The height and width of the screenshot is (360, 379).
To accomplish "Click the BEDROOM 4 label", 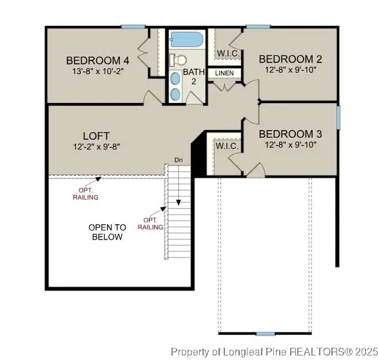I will click(97, 61).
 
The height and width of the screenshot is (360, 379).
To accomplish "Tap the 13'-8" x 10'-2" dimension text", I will click(97, 71).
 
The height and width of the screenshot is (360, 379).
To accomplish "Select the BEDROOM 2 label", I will click(291, 58).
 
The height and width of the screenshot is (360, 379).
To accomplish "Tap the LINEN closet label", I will click(224, 73).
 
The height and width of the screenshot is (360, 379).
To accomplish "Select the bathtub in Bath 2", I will click(187, 39).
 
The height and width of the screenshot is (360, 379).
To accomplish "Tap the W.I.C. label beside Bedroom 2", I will click(229, 53).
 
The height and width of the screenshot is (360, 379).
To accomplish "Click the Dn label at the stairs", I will click(179, 159).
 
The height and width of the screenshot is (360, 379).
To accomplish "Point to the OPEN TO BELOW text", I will click(107, 232).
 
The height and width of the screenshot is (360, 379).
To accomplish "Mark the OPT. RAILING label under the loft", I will click(86, 193).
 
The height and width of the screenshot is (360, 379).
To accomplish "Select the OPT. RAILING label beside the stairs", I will click(150, 223).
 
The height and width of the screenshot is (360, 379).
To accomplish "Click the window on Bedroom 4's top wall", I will click(133, 26).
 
